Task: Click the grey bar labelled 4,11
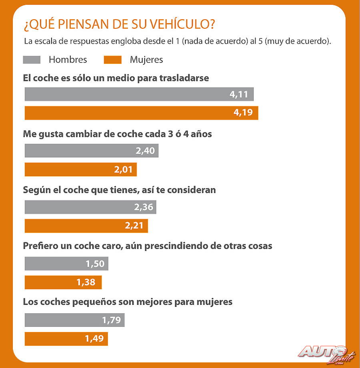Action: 139,94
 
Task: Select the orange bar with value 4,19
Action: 141,113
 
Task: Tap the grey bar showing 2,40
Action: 92,151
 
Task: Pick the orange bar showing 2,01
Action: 81,170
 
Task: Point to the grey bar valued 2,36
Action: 90,207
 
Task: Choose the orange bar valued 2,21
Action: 86,226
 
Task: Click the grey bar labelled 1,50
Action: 66,264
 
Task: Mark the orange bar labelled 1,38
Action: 63,282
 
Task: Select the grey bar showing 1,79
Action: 75,320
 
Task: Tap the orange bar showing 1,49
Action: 66,339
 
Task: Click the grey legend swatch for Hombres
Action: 32,60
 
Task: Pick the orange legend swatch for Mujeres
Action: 112,60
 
